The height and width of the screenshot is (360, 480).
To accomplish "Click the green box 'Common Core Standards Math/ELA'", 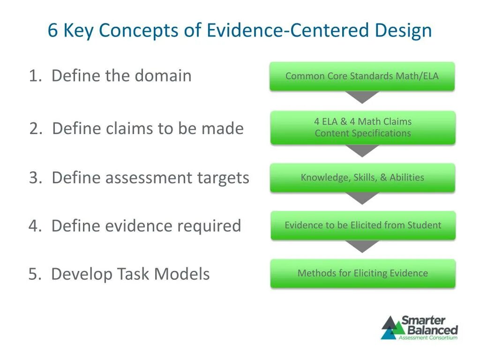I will point(362,76).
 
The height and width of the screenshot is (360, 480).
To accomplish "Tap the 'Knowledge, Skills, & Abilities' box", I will point(362,177).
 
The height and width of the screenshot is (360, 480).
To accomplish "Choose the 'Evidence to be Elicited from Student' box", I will point(363,225).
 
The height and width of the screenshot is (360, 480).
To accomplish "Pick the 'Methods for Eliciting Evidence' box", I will point(363,273).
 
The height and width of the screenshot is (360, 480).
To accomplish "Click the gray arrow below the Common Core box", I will point(362,97).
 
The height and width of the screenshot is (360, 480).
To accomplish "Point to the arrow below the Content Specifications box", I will point(362,150).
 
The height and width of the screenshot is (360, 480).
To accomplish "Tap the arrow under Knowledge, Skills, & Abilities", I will point(362,198).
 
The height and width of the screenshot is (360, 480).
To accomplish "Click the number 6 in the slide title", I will point(52,31).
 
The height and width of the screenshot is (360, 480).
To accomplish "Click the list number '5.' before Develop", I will point(35,274).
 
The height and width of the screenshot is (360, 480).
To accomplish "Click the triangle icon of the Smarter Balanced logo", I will point(389,328).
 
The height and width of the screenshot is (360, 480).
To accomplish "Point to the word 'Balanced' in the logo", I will point(430,330).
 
